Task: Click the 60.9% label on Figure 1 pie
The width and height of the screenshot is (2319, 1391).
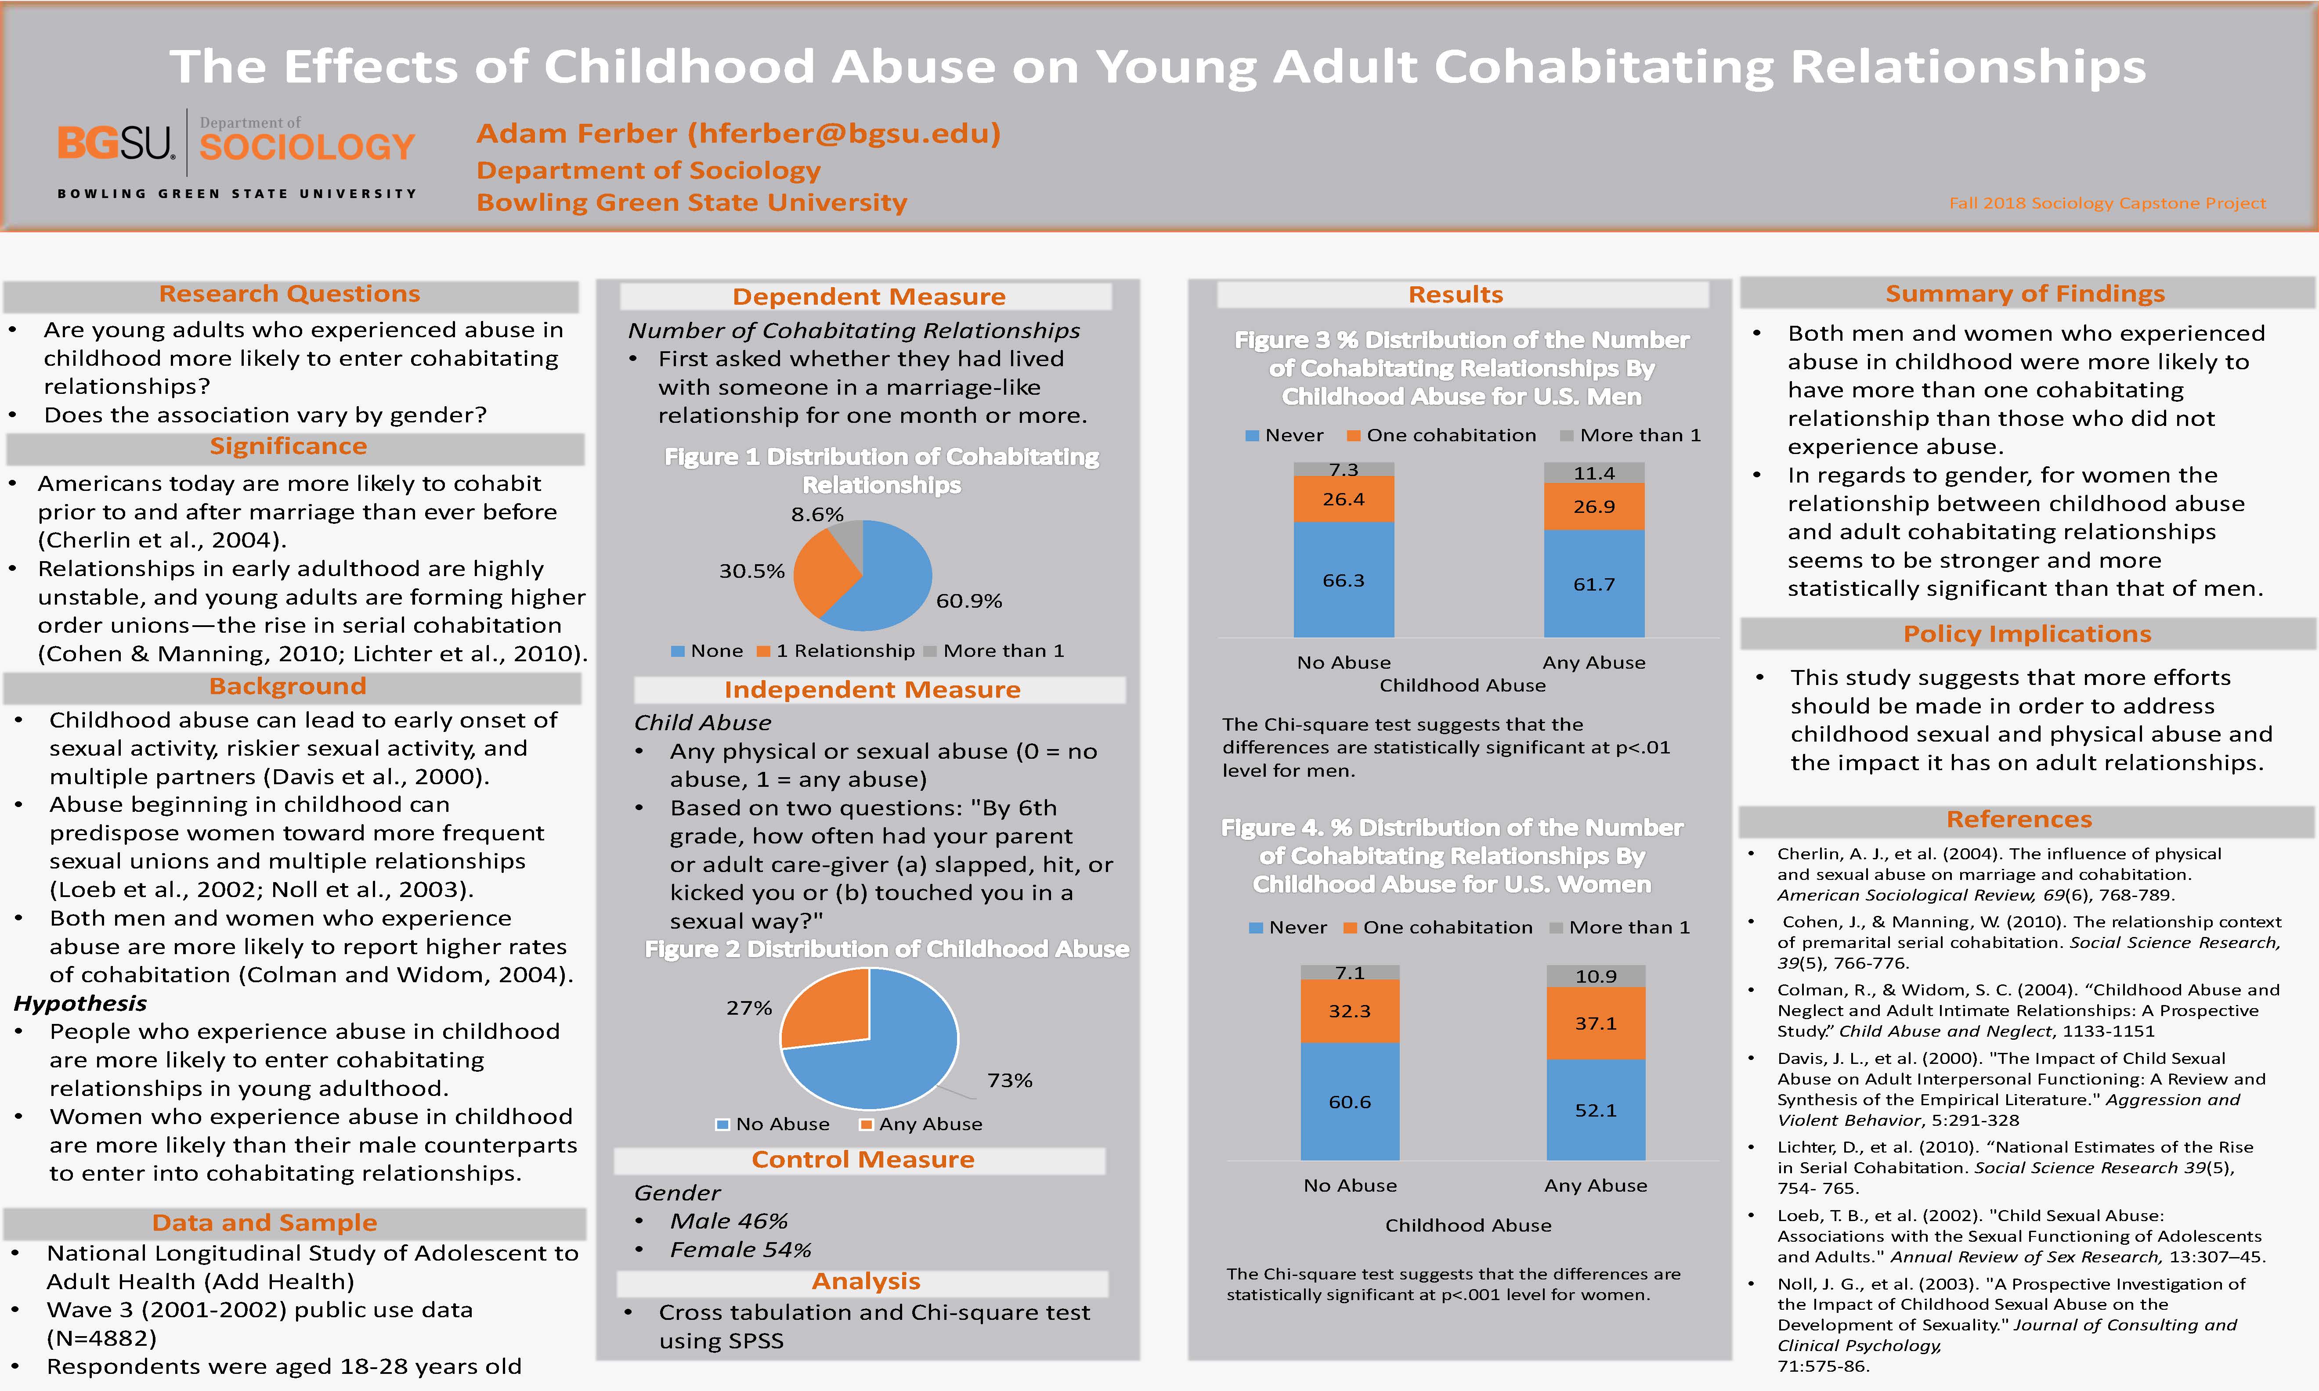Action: [x=968, y=601]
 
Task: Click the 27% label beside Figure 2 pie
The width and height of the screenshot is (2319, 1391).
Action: [x=749, y=1008]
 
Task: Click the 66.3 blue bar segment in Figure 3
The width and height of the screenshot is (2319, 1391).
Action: [x=1343, y=580]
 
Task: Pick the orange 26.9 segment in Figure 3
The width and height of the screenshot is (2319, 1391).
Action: [x=1593, y=506]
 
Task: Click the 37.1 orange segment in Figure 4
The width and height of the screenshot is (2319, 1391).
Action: [x=1595, y=1023]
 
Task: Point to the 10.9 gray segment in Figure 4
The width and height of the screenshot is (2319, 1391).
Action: [x=1595, y=976]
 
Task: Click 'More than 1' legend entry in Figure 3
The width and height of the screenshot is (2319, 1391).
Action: [x=1631, y=435]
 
